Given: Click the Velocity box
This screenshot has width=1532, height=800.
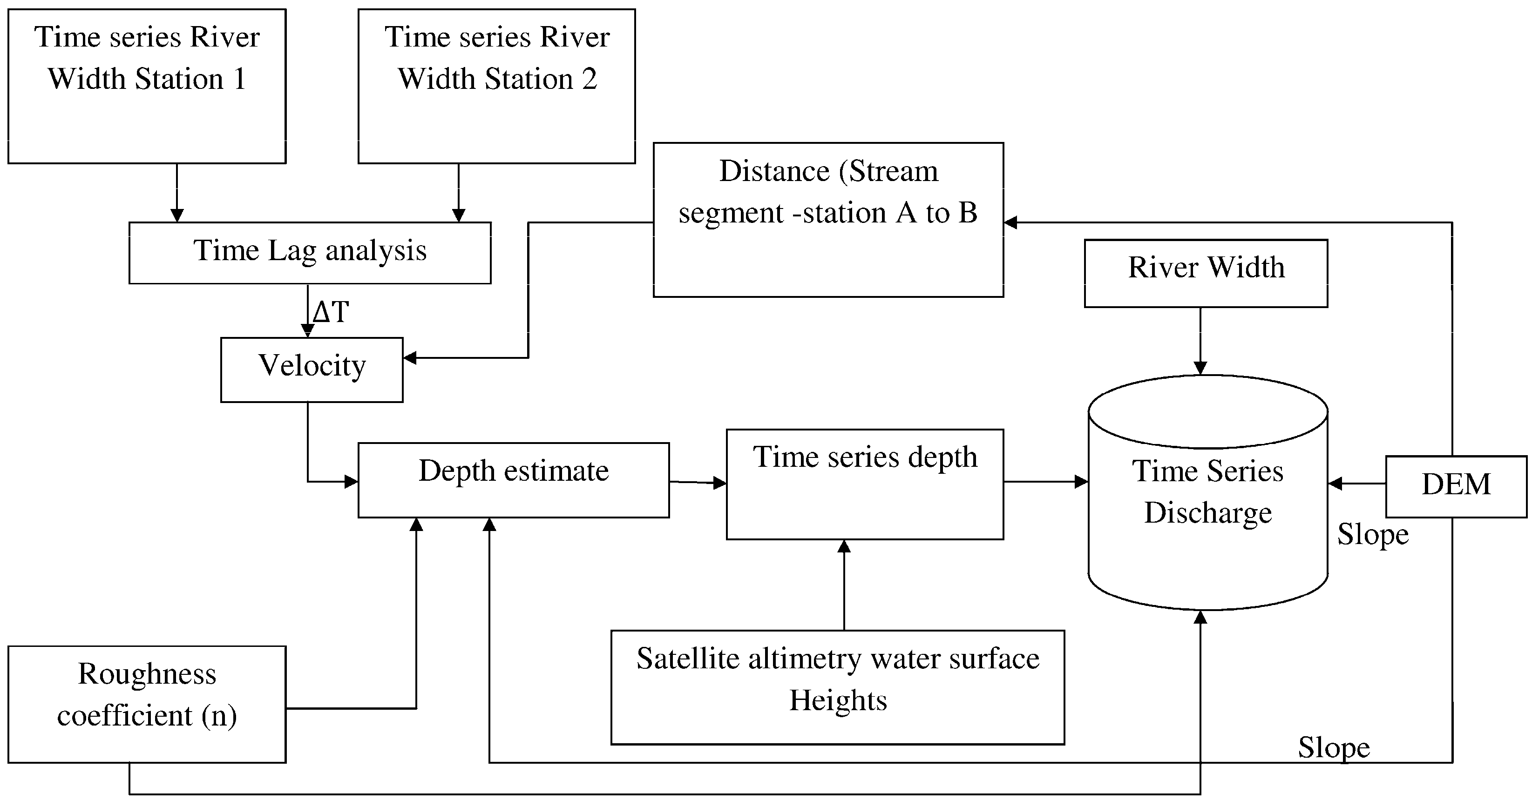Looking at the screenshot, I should (312, 369).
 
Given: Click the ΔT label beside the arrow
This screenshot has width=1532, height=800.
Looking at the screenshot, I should (331, 311).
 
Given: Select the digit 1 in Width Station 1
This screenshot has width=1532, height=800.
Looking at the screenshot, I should (240, 79).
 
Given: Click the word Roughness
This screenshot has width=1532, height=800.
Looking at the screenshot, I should (147, 673).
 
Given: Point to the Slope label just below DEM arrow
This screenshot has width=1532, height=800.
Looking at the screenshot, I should (1373, 534).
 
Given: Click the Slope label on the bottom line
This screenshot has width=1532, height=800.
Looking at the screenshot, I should (1333, 747).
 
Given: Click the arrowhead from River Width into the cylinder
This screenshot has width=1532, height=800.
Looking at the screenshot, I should (1200, 368).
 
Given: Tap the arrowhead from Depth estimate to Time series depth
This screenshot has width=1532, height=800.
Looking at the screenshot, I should (719, 483).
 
